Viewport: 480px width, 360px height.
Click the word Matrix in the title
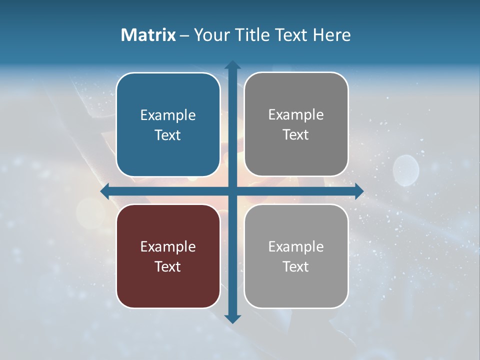click(x=148, y=35)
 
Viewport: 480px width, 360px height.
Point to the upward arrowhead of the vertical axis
click(x=232, y=65)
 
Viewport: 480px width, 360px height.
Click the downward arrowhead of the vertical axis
click(x=232, y=318)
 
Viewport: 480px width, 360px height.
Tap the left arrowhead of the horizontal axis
click(x=105, y=191)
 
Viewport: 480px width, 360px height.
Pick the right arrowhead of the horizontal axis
click(x=358, y=191)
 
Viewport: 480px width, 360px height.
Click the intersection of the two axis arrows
click(x=232, y=191)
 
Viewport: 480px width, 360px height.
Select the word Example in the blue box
click(x=168, y=115)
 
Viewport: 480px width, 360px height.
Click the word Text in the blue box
click(x=168, y=135)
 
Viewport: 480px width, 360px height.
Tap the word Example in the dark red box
click(x=168, y=246)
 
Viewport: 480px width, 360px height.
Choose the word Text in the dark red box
click(x=168, y=266)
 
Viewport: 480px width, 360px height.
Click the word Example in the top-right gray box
click(x=296, y=115)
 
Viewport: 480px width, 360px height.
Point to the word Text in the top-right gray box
click(x=296, y=135)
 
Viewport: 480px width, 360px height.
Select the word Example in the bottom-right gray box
click(x=296, y=246)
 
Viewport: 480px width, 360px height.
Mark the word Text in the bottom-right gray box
click(x=296, y=266)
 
